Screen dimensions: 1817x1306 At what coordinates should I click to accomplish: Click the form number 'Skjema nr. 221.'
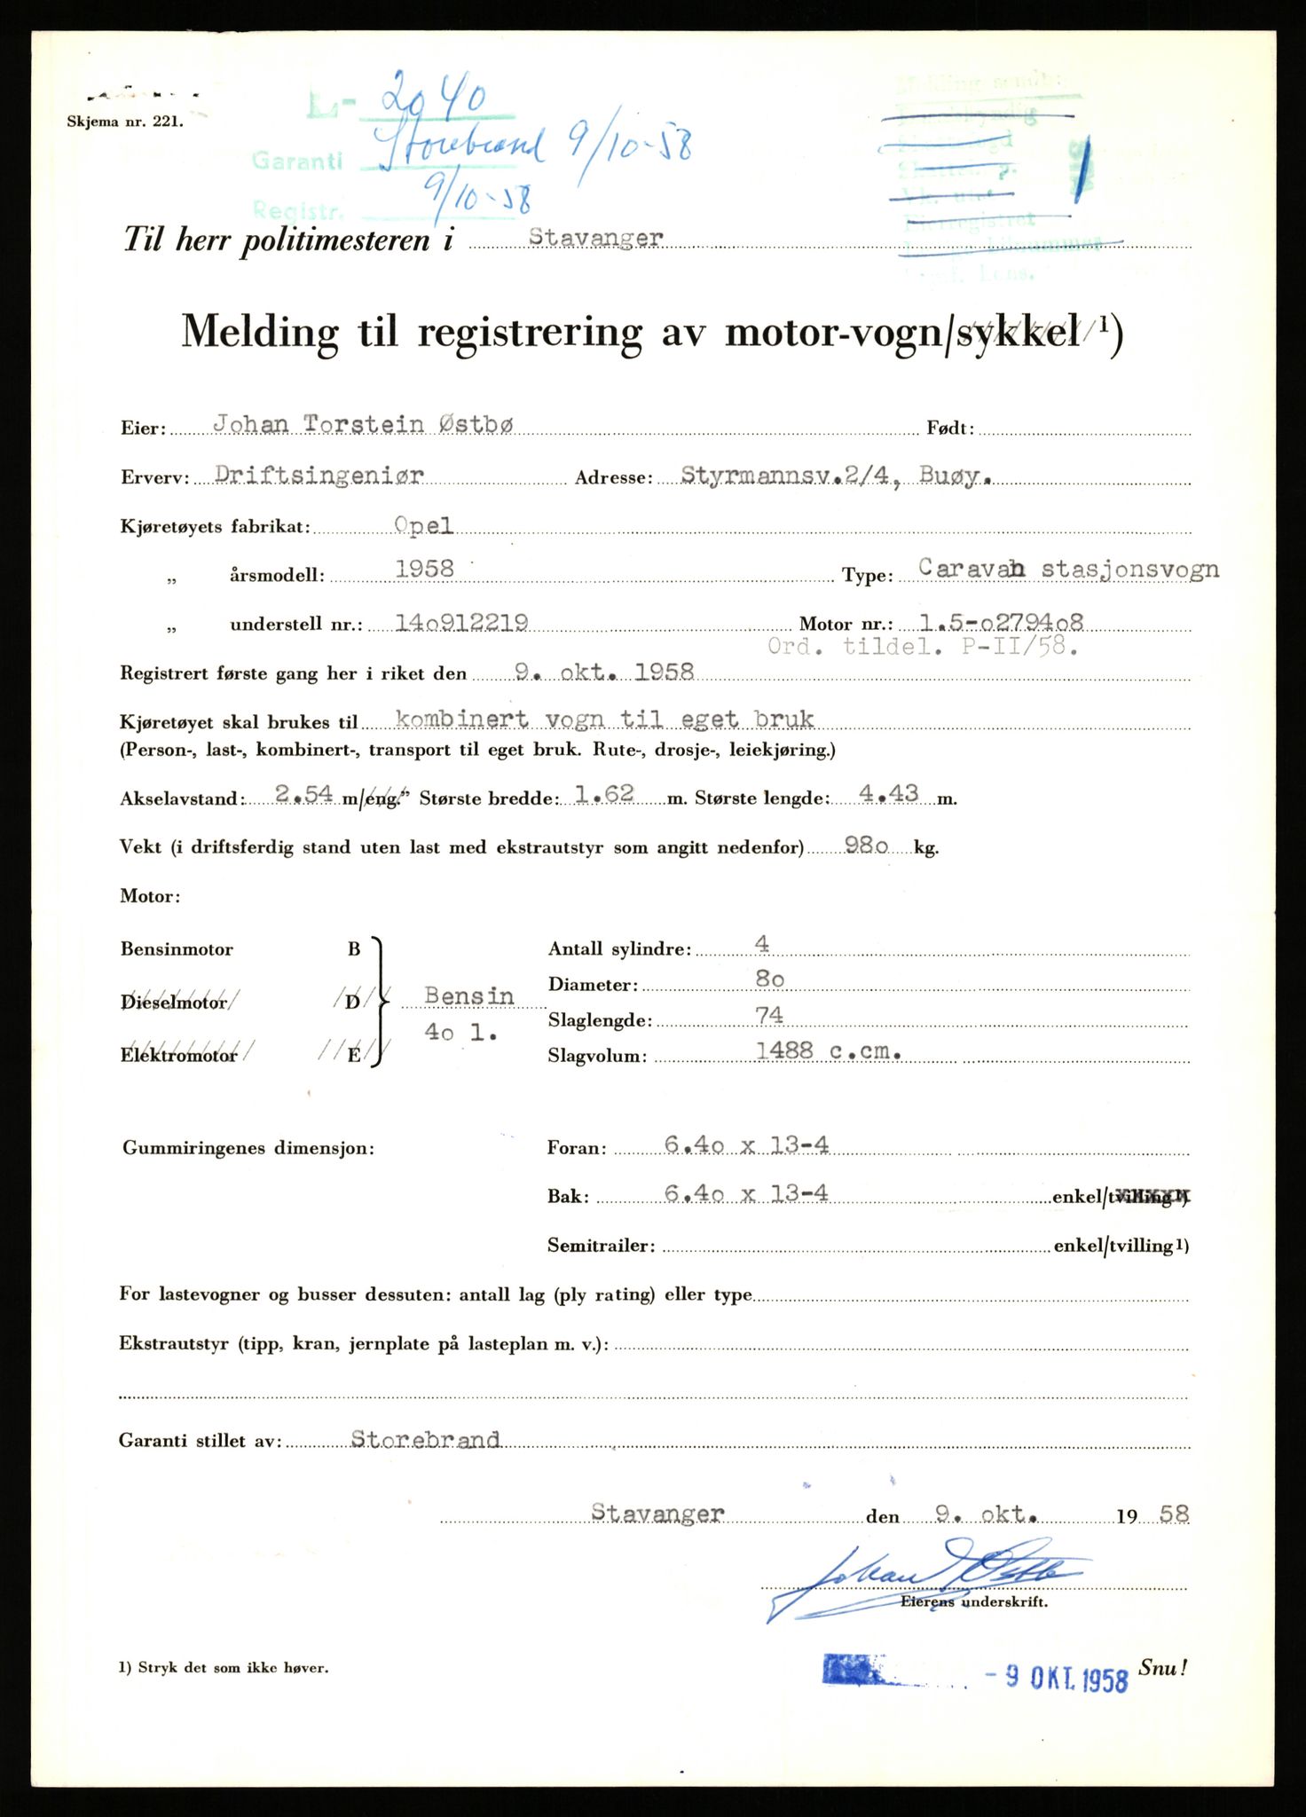tap(125, 123)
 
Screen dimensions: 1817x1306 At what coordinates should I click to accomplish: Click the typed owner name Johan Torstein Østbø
tap(363, 425)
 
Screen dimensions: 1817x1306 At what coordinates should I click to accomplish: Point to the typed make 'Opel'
tap(424, 525)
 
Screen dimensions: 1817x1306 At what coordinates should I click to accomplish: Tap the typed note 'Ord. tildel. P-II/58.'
tap(923, 647)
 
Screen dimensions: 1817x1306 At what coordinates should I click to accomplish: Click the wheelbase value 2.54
tap(303, 795)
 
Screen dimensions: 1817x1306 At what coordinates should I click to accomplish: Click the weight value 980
tap(866, 846)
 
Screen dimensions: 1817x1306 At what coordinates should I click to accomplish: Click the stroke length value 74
tap(768, 1015)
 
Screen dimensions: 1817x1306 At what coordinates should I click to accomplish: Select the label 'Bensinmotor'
tap(177, 949)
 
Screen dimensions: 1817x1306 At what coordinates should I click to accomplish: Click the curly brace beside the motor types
tap(380, 1001)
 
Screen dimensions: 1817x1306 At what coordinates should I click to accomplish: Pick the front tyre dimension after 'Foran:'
tap(746, 1145)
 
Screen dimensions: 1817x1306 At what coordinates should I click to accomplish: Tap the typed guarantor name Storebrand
tap(425, 1439)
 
